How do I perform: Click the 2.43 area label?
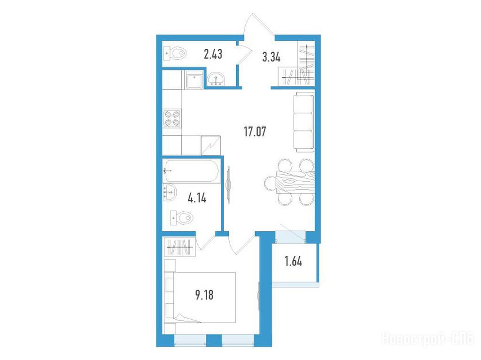point(213,54)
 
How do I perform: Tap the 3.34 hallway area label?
point(271,57)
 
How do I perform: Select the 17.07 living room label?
point(255,131)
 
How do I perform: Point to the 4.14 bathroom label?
point(197,198)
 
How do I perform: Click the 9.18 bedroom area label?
point(204,295)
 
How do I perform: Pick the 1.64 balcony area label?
point(293,261)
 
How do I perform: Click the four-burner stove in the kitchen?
point(172,118)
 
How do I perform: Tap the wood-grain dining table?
point(295,182)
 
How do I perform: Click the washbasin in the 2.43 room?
point(216,79)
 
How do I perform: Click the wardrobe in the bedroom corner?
point(180,246)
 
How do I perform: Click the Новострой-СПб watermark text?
point(428,339)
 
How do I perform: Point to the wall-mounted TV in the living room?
point(228,184)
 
